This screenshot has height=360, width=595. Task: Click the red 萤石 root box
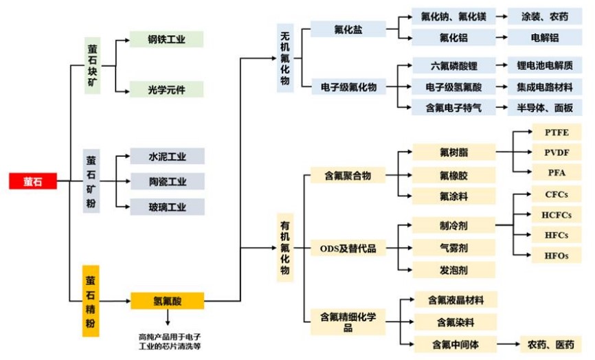click(x=32, y=181)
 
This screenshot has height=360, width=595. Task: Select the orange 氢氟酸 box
click(x=168, y=301)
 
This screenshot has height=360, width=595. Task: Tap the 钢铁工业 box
click(x=167, y=39)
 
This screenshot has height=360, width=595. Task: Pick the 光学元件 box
click(x=167, y=89)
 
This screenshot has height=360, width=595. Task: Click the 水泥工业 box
click(x=167, y=156)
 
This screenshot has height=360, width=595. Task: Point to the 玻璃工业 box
click(x=167, y=207)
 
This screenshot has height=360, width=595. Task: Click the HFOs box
click(x=556, y=256)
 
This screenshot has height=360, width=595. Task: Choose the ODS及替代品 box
click(x=348, y=248)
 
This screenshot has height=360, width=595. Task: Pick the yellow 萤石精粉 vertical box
click(x=91, y=301)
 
